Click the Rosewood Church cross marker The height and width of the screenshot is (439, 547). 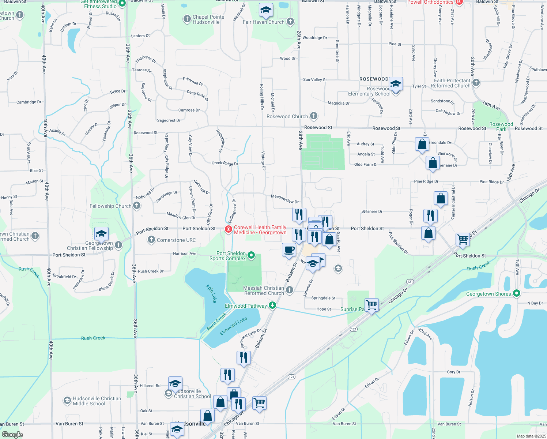tap(313, 116)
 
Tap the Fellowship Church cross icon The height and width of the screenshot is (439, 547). tap(136, 206)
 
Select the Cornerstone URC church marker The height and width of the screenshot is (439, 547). tap(151, 240)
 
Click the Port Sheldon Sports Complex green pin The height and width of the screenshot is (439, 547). tap(251, 255)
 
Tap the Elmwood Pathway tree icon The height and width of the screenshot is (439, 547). tap(272, 305)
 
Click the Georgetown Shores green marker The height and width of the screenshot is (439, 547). tap(516, 293)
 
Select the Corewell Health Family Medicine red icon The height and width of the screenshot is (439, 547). tap(228, 229)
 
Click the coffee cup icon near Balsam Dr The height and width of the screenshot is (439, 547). tap(289, 250)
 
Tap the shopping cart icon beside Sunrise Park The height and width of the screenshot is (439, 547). tap(372, 304)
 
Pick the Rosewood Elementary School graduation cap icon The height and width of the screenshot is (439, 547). tap(396, 84)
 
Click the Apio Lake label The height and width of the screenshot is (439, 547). tap(211, 293)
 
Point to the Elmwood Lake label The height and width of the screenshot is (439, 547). tap(233, 326)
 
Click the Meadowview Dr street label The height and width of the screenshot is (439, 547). tap(285, 199)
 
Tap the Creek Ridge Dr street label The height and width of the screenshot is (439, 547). tap(225, 163)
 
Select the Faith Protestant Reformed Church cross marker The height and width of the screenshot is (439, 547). tap(476, 83)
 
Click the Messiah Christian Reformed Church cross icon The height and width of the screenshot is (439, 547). tap(290, 290)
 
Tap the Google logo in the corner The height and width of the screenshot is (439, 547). tap(12, 434)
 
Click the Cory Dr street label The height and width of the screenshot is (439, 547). tap(453, 372)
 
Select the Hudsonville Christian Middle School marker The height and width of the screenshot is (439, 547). tap(67, 401)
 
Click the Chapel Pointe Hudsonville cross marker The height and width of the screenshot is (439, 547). tap(187, 19)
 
